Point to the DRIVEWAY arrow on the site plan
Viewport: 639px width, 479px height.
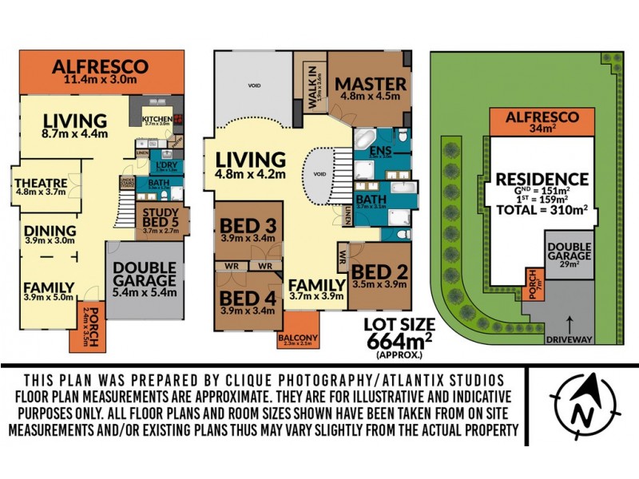[569, 322]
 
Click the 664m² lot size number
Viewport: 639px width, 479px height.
[397, 338]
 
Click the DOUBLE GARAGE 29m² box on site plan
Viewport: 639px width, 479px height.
[569, 254]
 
